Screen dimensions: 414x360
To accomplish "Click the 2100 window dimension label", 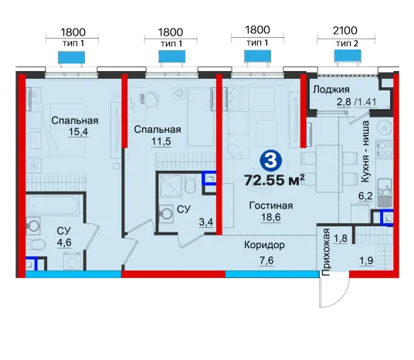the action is [345, 31].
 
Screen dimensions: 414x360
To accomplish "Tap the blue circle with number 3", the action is [270, 161].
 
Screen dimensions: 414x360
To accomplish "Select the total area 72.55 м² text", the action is [274, 181].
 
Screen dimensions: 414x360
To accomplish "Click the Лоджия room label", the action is [331, 90].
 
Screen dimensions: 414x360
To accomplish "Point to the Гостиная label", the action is [271, 205].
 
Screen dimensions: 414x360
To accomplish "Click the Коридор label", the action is [264, 245].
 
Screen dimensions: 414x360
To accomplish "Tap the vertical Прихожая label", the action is [327, 253].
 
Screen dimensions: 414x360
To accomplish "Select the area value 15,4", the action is [78, 131].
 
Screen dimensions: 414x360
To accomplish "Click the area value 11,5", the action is [161, 141].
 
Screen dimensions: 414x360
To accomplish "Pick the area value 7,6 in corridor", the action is [266, 260].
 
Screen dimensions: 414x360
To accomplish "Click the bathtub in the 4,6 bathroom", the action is [53, 205].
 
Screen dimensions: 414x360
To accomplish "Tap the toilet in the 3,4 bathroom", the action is [189, 185].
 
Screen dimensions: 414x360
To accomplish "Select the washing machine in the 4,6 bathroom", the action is [72, 261].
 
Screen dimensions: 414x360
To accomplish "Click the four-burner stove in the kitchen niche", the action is [385, 150].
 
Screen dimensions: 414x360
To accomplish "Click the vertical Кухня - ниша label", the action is [365, 151].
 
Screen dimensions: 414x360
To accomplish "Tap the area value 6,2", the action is [365, 196].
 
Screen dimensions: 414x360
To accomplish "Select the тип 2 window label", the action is [347, 43].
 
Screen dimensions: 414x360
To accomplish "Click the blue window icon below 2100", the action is [348, 56].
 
